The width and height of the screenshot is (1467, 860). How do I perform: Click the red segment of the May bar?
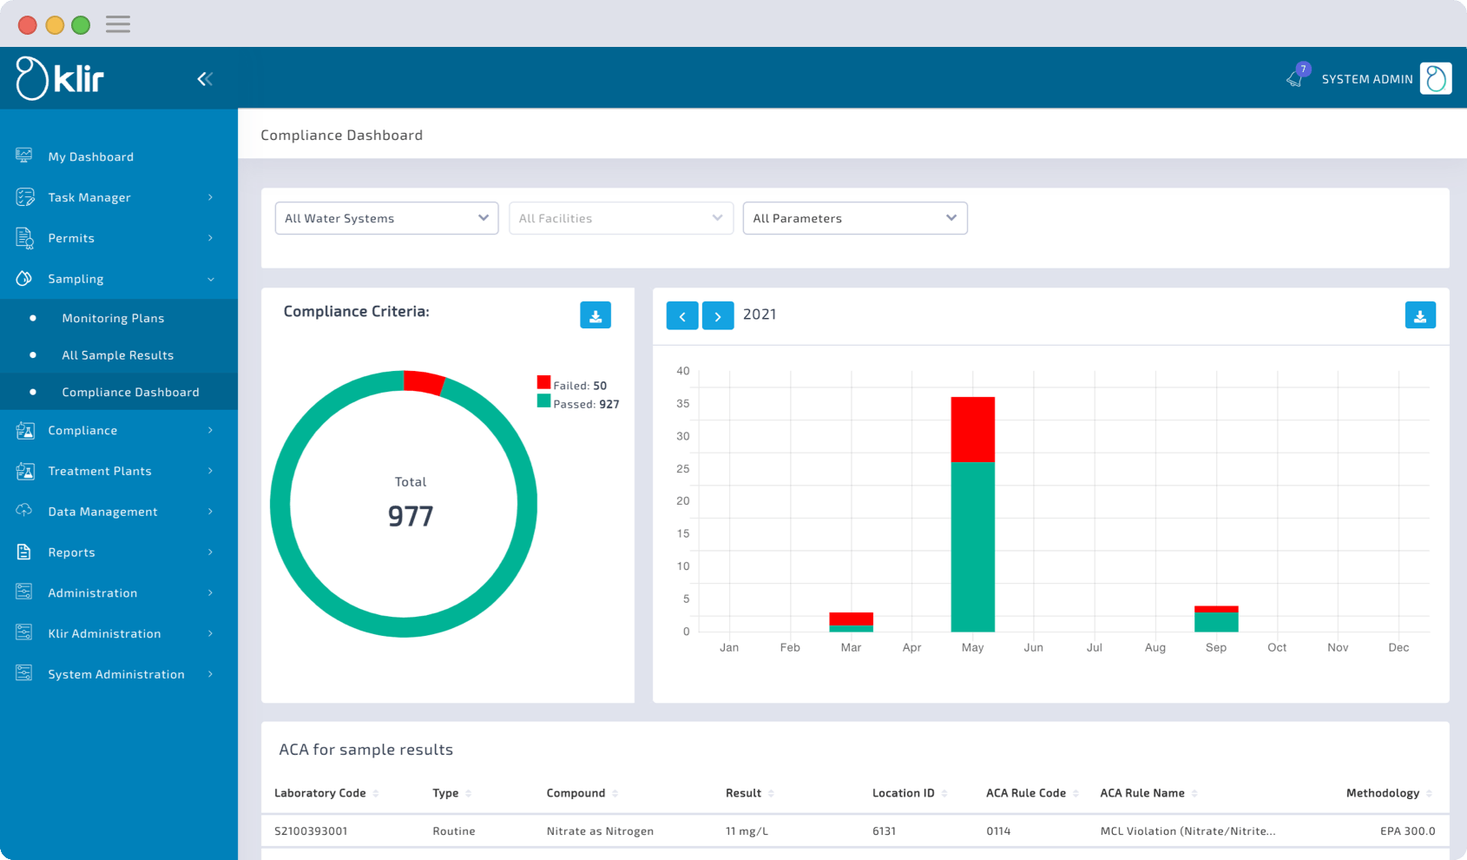pyautogui.click(x=972, y=429)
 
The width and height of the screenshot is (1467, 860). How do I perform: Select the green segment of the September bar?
pyautogui.click(x=1215, y=622)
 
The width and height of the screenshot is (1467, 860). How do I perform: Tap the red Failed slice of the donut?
pyautogui.click(x=424, y=382)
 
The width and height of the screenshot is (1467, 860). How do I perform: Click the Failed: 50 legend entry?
pyautogui.click(x=572, y=385)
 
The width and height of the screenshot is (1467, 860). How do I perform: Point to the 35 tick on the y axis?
pyautogui.click(x=683, y=404)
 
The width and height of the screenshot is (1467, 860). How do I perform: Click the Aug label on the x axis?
pyautogui.click(x=1155, y=648)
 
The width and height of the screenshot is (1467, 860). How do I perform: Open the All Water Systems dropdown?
pyautogui.click(x=386, y=218)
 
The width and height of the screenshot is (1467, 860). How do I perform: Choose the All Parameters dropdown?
pyautogui.click(x=855, y=218)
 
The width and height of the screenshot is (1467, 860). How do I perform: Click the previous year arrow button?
pyautogui.click(x=682, y=315)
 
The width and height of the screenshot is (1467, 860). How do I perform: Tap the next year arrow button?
pyautogui.click(x=718, y=315)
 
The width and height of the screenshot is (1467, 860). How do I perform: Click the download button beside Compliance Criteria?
pyautogui.click(x=595, y=315)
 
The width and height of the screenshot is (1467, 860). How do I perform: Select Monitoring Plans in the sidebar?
pyautogui.click(x=113, y=318)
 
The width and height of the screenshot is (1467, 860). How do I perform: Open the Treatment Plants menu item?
pyautogui.click(x=100, y=471)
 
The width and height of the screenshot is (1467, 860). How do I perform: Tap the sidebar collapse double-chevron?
pyautogui.click(x=205, y=79)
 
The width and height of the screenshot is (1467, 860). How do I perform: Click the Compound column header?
pyautogui.click(x=576, y=793)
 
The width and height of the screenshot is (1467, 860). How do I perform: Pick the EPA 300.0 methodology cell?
pyautogui.click(x=1407, y=831)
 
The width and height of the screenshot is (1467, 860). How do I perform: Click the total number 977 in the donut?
pyautogui.click(x=411, y=517)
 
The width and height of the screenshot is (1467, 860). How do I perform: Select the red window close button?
pyautogui.click(x=28, y=25)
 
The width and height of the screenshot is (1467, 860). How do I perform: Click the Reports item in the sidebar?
pyautogui.click(x=71, y=552)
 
